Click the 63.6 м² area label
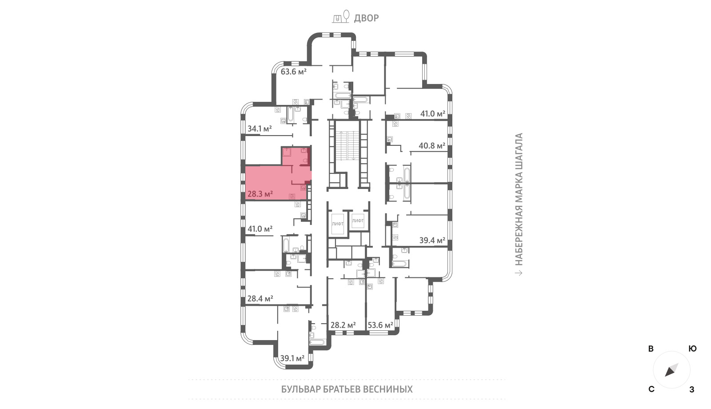coord(293,72)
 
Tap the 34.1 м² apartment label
coord(260,128)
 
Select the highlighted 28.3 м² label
coord(260,194)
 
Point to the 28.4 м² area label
coord(260,298)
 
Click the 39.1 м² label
coord(292,358)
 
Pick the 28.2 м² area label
coord(343,325)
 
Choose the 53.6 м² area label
coord(380,325)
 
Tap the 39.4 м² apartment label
coord(432,241)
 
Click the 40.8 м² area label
coord(431,146)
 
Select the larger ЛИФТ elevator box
coord(337,224)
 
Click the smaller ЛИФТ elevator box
coord(358,221)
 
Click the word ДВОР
coord(366,18)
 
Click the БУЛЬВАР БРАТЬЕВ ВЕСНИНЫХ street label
coord(347,389)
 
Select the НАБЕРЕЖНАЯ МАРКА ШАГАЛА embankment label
coord(518,199)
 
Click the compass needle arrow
coord(671,370)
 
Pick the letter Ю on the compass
coord(692,349)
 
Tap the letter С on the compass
coord(651,389)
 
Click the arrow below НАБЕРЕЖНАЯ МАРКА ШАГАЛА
coord(518,273)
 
